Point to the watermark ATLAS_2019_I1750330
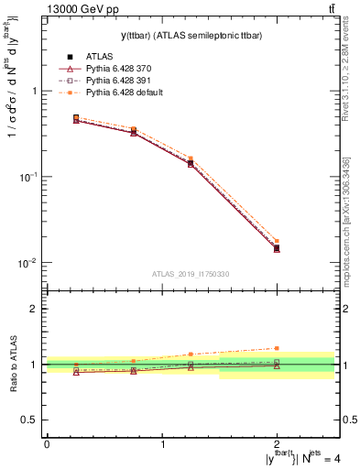(x=190, y=274)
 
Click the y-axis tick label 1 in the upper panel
(x=35, y=91)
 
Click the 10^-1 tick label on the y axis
(x=30, y=176)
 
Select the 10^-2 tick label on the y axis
(x=30, y=262)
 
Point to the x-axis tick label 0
(x=47, y=443)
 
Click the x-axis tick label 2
(x=277, y=443)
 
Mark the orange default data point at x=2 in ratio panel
(x=277, y=348)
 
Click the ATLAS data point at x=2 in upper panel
(x=277, y=248)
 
